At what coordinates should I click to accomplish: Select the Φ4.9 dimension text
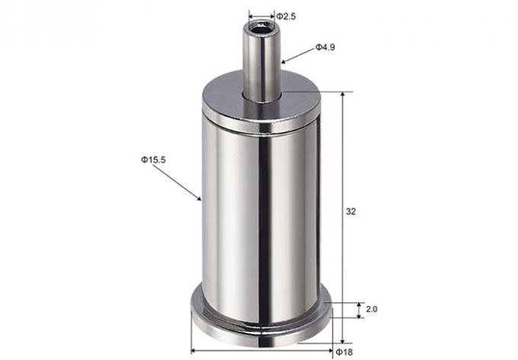[325, 47]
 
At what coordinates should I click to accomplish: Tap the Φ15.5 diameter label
[152, 159]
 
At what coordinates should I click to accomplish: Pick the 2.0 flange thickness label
[371, 310]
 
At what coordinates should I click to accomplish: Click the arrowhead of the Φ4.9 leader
[283, 61]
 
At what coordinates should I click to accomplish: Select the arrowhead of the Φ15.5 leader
[199, 199]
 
